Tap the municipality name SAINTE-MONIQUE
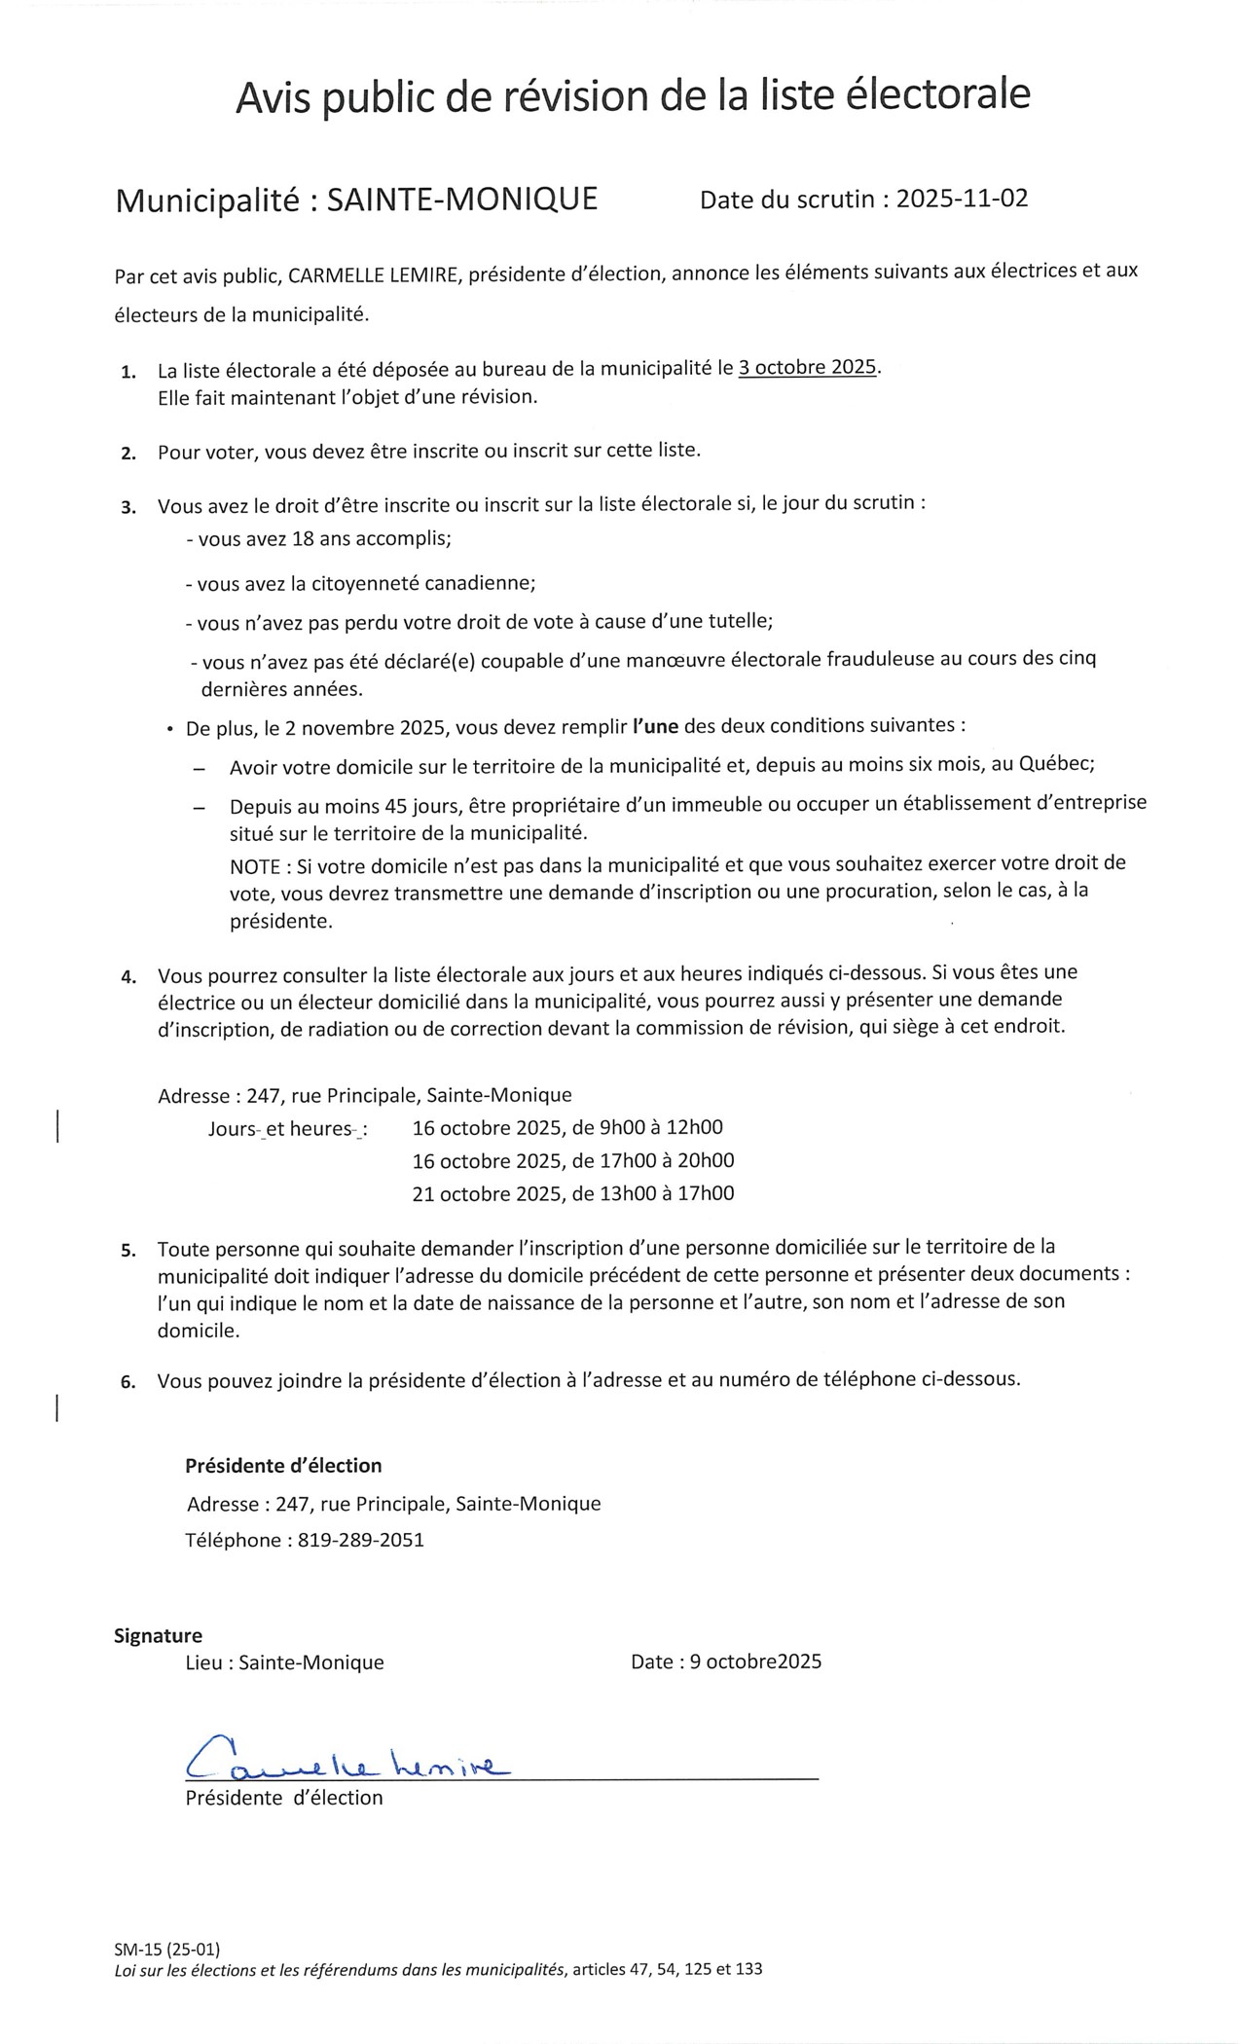(462, 200)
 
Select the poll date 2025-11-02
(962, 200)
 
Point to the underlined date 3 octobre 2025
(808, 368)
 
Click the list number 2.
(128, 453)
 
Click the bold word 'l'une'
(655, 726)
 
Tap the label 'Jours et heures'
(287, 1129)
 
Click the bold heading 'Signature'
(158, 1635)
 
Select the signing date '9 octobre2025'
(755, 1661)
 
